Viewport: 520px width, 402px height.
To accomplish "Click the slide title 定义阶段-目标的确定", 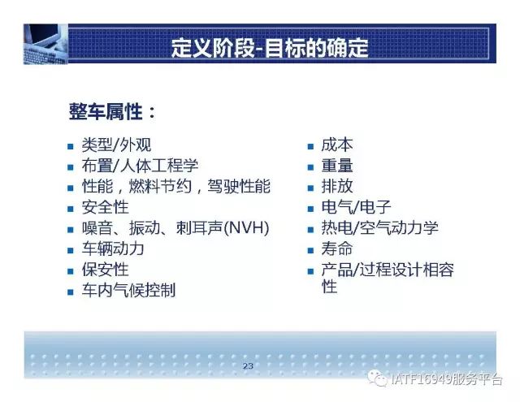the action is point(270,48).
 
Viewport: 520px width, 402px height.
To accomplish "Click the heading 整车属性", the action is point(106,112).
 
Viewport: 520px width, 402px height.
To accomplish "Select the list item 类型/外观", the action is point(116,145).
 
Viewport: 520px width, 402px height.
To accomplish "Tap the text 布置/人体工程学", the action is point(140,166).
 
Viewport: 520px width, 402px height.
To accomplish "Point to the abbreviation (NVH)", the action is point(246,228).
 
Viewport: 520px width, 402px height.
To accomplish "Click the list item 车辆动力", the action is point(113,249).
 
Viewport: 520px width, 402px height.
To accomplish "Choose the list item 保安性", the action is point(105,270).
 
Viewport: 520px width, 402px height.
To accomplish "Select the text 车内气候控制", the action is point(128,290).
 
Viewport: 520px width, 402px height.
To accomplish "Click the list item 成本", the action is point(337,145).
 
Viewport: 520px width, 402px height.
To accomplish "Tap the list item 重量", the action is point(337,166).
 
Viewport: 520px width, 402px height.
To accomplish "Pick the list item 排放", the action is point(337,186).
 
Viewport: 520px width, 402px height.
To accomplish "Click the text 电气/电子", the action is point(356,207).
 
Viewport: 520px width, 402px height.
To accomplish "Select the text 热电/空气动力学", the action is point(379,228).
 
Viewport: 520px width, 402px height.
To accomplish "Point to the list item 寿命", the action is point(337,249).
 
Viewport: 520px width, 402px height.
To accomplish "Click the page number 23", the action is point(248,366).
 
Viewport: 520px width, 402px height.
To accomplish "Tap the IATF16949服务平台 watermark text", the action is point(446,379).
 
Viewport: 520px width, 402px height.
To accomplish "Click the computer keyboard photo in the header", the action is point(45,44).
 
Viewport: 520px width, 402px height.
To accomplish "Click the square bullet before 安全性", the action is point(71,209).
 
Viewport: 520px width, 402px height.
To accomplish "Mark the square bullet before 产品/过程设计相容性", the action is point(310,271).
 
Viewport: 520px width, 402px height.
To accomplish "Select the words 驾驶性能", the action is point(239,186).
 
